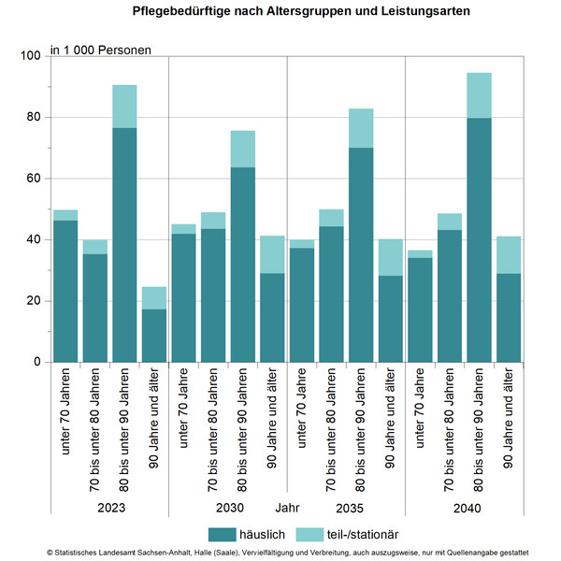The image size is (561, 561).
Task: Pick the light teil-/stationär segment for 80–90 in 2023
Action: pyautogui.click(x=124, y=106)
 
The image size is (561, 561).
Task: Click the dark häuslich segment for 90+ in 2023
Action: pyautogui.click(x=154, y=335)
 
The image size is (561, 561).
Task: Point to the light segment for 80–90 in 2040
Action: pyautogui.click(x=479, y=95)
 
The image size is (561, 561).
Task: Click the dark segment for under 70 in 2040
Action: pyautogui.click(x=420, y=309)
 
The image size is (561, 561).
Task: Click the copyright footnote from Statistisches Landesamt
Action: pyautogui.click(x=280, y=554)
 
